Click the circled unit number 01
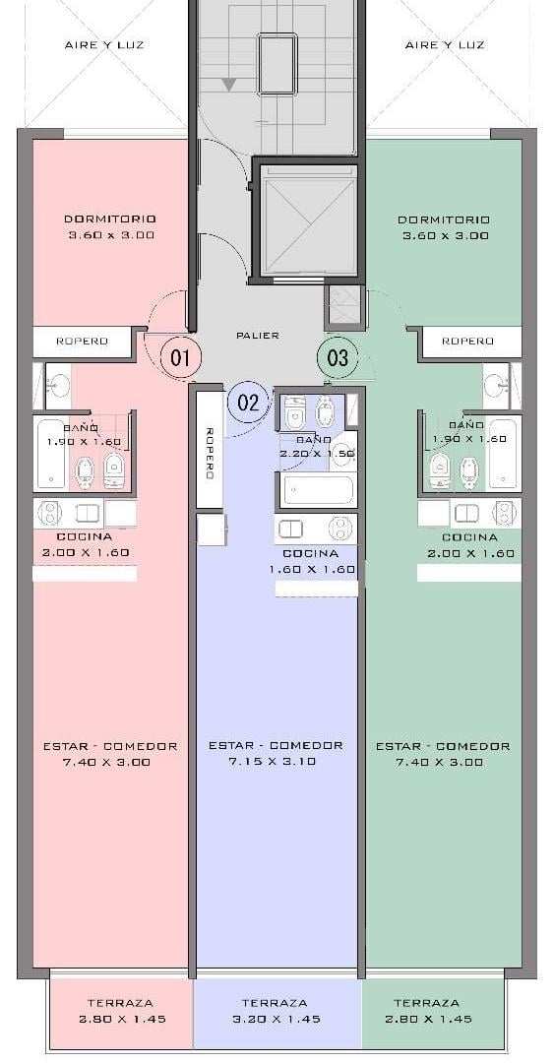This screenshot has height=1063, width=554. [x=180, y=357]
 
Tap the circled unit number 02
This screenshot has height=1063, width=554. [x=248, y=402]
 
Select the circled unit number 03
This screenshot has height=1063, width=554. [x=337, y=357]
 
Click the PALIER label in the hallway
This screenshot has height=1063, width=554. [x=258, y=335]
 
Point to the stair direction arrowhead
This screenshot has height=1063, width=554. [x=229, y=84]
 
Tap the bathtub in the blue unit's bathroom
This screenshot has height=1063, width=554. [x=318, y=489]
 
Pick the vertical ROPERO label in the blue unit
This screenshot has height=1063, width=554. [x=210, y=453]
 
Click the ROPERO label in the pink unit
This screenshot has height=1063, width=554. [x=82, y=341]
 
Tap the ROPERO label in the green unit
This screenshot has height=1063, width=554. [x=467, y=341]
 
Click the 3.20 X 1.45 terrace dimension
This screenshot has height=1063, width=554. [x=275, y=1019]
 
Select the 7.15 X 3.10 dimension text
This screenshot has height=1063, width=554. [x=276, y=761]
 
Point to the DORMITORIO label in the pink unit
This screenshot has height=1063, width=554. [x=110, y=219]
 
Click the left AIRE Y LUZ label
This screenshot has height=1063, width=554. [x=104, y=45]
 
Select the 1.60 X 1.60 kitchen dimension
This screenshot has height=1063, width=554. [x=313, y=570]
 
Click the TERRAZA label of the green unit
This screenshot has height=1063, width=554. [x=426, y=1003]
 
